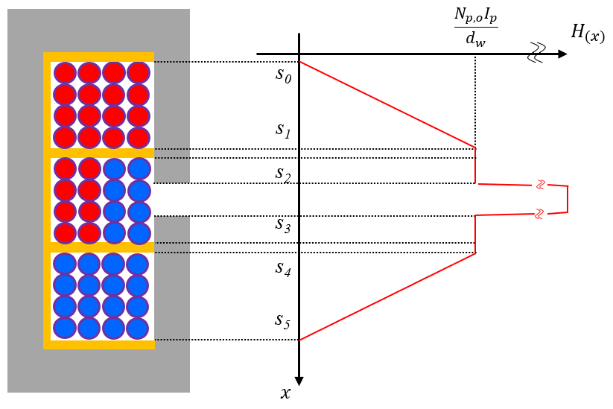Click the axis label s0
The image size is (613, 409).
click(283, 76)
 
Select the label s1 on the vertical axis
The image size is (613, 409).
click(282, 132)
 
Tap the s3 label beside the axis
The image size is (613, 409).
click(282, 226)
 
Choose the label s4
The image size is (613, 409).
click(283, 269)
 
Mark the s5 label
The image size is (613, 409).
click(282, 322)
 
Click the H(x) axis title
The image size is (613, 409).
click(587, 32)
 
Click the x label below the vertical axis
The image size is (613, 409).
click(285, 393)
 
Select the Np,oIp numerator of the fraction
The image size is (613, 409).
click(475, 18)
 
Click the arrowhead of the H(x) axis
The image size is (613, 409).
click(562, 54)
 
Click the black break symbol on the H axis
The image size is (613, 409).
click(538, 53)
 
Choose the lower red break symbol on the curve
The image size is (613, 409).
click(540, 214)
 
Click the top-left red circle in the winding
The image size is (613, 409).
click(66, 73)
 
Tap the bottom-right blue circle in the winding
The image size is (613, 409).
click(139, 328)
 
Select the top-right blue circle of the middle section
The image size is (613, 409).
click(139, 169)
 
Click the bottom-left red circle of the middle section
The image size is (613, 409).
click(66, 233)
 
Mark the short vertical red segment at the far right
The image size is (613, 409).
click(568, 199)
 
